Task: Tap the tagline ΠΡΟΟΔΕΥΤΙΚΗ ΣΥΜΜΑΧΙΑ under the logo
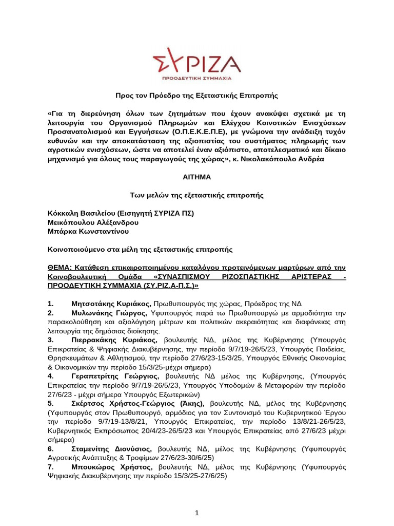coord(196,79)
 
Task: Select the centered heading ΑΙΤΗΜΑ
coord(196,177)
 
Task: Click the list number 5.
coord(49,404)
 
